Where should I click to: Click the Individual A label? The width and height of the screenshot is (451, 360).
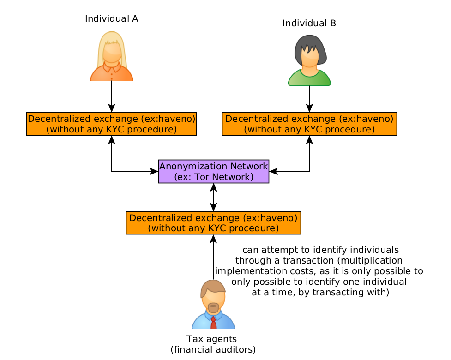coord(112,18)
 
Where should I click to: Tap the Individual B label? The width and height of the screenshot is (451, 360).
coord(309,23)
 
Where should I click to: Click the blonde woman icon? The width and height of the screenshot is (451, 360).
coord(112,56)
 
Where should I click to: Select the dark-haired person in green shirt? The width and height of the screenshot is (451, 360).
coord(309,60)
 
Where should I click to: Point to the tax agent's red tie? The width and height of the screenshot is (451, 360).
coord(213,323)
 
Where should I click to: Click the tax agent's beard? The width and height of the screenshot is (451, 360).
coord(213,308)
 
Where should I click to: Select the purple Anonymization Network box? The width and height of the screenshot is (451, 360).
coord(214,171)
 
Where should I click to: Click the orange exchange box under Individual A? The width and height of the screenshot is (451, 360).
coord(112,124)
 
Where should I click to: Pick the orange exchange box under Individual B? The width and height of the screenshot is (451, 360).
coord(309,124)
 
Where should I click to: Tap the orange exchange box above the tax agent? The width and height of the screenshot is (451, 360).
coord(213,223)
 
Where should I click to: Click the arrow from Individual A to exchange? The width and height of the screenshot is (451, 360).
coord(112,96)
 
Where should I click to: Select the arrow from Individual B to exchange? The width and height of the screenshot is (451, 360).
coord(309,99)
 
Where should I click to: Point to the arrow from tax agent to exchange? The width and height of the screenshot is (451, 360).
coord(213,257)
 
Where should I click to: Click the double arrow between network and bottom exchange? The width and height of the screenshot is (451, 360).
coord(213,197)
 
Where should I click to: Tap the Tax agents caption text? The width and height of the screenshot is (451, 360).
coord(212,339)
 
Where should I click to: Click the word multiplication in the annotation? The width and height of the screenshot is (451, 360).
coord(371,260)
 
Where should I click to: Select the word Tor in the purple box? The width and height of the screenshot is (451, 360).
coord(202,177)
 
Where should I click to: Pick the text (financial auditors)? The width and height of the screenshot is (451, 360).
coord(213,350)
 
